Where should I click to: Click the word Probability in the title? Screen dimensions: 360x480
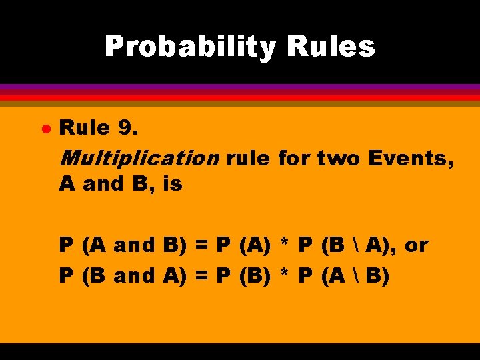click(x=189, y=47)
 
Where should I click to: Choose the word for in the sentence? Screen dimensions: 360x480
click(x=293, y=159)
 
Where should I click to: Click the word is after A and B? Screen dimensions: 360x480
click(x=172, y=184)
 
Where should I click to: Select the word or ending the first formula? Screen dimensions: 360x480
click(x=416, y=245)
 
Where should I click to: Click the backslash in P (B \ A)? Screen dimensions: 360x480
click(x=353, y=245)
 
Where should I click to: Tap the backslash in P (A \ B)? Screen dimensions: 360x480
click(x=353, y=275)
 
